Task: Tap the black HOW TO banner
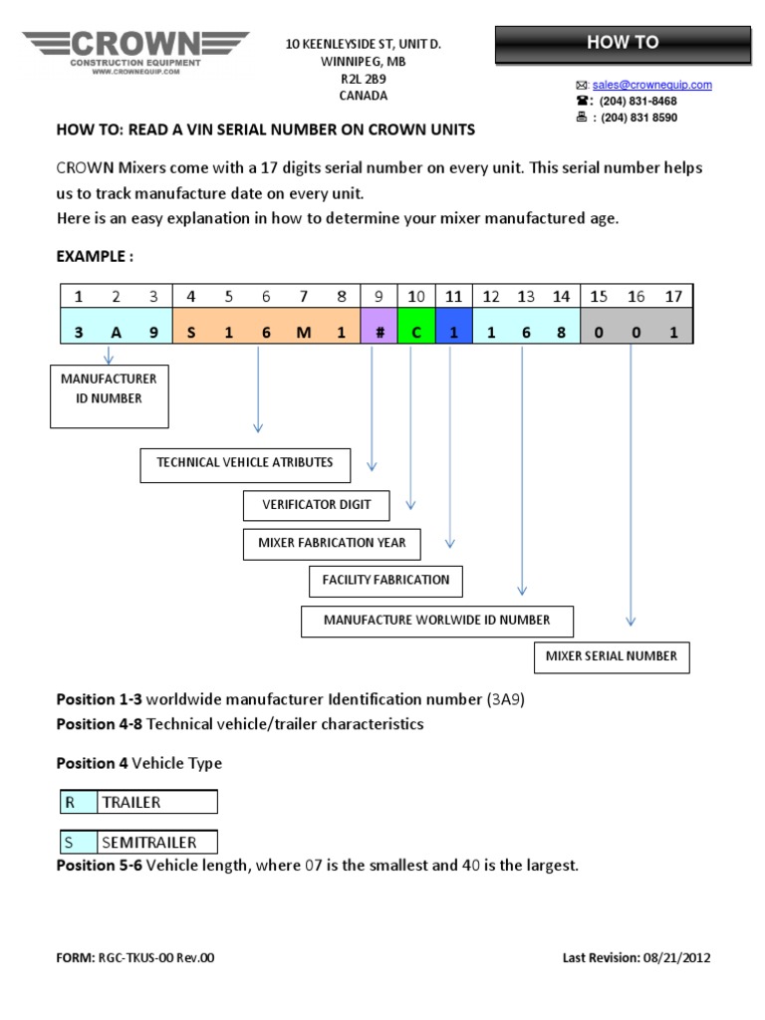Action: tap(623, 43)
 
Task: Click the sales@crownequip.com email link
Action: tap(652, 85)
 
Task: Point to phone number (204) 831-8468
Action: tap(637, 101)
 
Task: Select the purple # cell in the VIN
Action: tap(380, 334)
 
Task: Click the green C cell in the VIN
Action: tap(416, 334)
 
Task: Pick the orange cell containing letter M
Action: tap(304, 334)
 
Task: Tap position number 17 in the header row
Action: tap(673, 296)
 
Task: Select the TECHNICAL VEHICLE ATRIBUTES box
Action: tap(245, 463)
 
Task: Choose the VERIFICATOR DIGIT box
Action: tap(316, 505)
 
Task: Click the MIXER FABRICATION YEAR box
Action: tap(332, 544)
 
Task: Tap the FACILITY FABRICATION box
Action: tap(385, 580)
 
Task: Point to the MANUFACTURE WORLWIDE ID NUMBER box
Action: tap(436, 621)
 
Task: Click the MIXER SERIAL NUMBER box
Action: tap(611, 656)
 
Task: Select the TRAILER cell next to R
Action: tap(156, 802)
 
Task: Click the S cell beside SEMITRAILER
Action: tap(75, 842)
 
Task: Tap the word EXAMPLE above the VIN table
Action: tap(94, 256)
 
